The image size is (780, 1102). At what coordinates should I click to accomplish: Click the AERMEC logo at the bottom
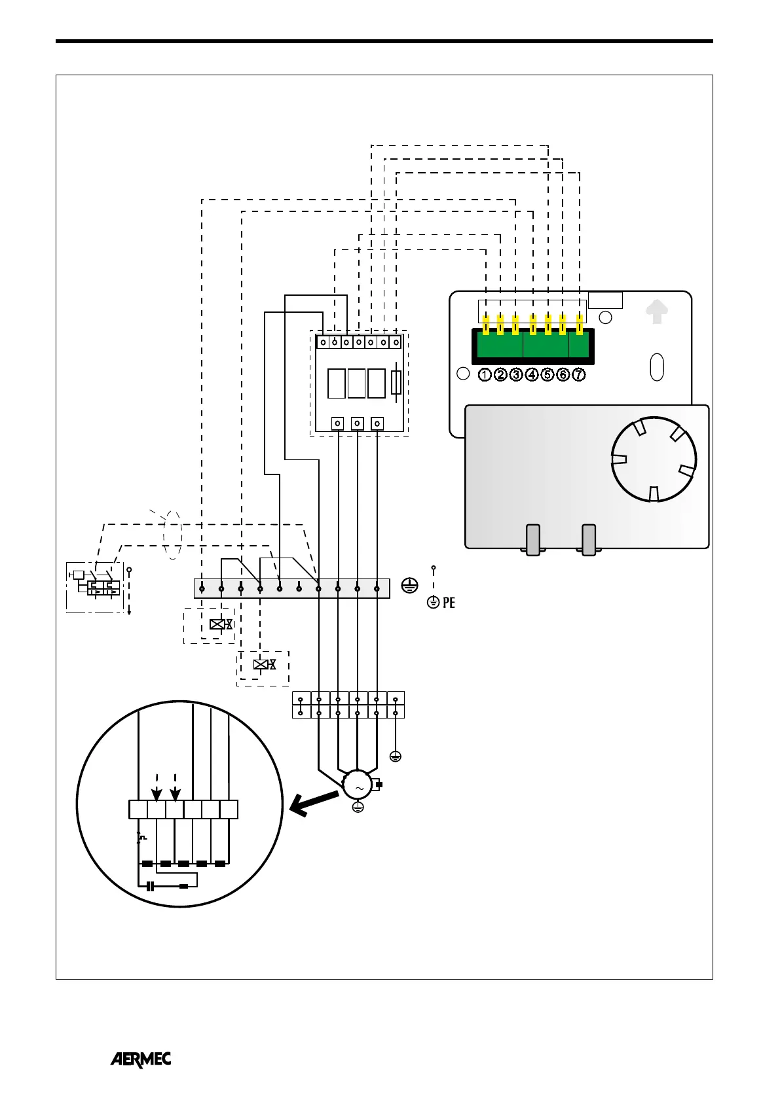(x=140, y=1059)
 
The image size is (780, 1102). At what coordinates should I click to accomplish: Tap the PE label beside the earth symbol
(x=449, y=603)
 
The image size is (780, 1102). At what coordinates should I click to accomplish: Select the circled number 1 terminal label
(x=485, y=375)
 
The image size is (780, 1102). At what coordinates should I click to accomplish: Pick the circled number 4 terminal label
(x=532, y=375)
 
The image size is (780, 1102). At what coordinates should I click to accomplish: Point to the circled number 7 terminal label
(x=579, y=375)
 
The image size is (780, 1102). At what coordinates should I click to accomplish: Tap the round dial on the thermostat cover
(x=653, y=459)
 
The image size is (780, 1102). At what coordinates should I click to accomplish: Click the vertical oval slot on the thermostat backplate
(x=657, y=367)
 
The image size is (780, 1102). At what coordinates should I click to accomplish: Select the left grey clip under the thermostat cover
(x=533, y=540)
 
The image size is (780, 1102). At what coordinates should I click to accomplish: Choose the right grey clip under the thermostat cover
(x=589, y=540)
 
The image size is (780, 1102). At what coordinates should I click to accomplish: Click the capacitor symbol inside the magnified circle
(x=151, y=886)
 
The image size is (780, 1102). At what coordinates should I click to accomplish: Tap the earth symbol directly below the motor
(x=358, y=808)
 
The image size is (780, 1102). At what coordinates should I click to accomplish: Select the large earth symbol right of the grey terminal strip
(x=409, y=586)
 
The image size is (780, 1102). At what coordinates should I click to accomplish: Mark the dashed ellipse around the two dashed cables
(x=172, y=535)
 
